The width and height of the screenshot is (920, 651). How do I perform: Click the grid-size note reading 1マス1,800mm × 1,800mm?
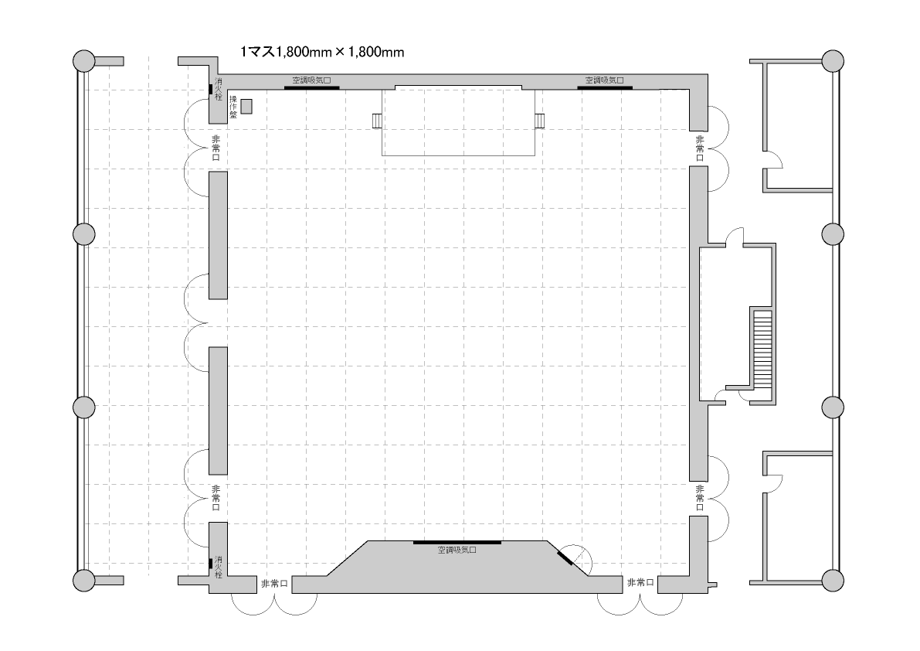pos(322,53)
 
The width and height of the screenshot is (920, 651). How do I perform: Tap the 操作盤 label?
pos(233,107)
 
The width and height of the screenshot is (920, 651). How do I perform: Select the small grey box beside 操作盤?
pos(246,106)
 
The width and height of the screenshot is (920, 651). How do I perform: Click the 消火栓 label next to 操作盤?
pos(219,89)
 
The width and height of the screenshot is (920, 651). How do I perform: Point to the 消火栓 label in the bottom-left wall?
pos(219,567)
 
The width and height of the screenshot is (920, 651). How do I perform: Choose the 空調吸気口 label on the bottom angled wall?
pos(457,550)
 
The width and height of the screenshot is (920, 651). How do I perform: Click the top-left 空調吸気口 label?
pos(311,80)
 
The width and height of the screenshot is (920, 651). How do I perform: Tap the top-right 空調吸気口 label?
pos(604,80)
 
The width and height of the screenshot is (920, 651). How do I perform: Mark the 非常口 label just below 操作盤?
pos(216,148)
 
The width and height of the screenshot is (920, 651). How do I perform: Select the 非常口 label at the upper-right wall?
pos(700,148)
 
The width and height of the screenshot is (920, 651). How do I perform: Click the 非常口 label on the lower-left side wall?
pos(216,498)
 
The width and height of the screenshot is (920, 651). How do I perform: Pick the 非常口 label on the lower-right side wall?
pos(700,498)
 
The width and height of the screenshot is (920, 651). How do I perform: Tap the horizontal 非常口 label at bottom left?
pos(274,584)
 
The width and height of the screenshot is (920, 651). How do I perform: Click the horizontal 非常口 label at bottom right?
pos(640,582)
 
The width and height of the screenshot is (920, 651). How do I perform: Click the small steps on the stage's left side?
pos(377,121)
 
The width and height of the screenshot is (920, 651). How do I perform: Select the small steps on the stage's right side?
pos(540,121)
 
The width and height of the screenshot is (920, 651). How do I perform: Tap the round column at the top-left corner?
pos(84,61)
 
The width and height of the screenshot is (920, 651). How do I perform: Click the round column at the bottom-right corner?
pos(833,580)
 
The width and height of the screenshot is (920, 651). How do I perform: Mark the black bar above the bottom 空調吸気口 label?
pos(457,543)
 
